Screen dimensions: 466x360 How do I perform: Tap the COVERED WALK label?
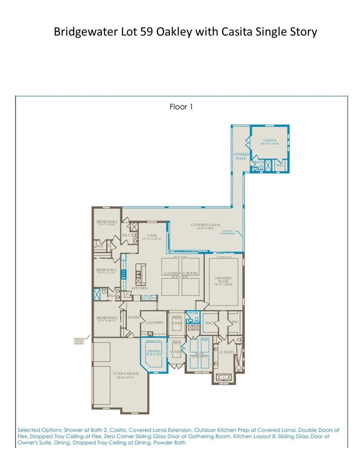tap(241, 156)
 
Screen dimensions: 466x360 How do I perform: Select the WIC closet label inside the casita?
tap(280, 165)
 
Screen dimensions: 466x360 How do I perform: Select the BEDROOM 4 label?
tap(107, 222)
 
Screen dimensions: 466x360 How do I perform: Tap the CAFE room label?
tap(152, 235)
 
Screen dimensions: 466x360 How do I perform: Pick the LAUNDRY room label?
tap(154, 322)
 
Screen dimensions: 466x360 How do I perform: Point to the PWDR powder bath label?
tap(193, 313)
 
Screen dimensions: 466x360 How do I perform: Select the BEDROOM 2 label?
tap(107, 318)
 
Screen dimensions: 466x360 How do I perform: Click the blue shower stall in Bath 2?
tap(97, 294)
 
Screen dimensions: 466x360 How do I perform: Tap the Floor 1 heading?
tap(181, 106)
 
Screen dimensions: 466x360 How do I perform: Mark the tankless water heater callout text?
tap(78, 341)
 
